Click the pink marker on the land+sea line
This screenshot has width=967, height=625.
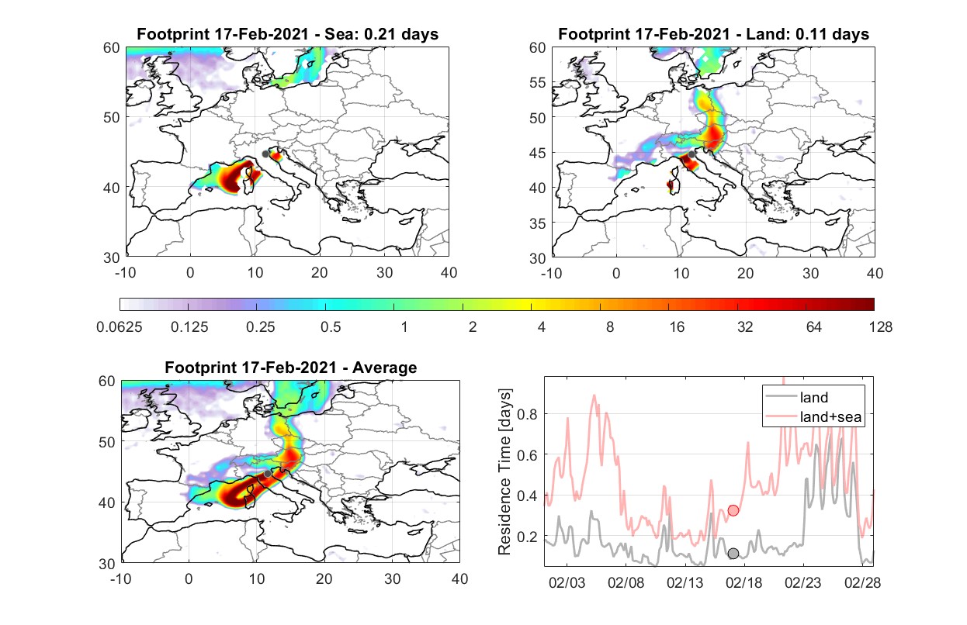pyautogui.click(x=733, y=511)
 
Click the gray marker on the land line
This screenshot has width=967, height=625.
pyautogui.click(x=733, y=554)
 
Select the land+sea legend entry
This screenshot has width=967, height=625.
pyautogui.click(x=813, y=416)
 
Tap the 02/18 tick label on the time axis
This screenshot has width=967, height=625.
pyautogui.click(x=743, y=582)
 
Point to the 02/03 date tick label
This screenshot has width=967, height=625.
pyautogui.click(x=567, y=582)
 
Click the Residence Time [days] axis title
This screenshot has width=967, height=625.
pyautogui.click(x=504, y=472)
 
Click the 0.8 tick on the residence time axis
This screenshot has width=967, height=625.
pyautogui.click(x=527, y=414)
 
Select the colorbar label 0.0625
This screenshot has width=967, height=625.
pyautogui.click(x=120, y=327)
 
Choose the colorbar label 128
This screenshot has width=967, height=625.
pyautogui.click(x=881, y=327)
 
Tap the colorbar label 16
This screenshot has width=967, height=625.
pyautogui.click(x=677, y=327)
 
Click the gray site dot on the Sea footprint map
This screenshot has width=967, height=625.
pyautogui.click(x=265, y=154)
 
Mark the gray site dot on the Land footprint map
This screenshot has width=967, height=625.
pyautogui.click(x=691, y=154)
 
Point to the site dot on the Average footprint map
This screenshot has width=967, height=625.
pyautogui.click(x=268, y=474)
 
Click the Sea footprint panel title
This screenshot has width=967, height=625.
pyautogui.click(x=287, y=34)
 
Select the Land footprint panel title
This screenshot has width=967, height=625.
pyautogui.click(x=713, y=34)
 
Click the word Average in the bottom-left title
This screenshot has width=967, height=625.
pyautogui.click(x=385, y=368)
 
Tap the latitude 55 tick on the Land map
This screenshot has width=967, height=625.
pyautogui.click(x=538, y=82)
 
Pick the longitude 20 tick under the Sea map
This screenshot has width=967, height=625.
pyautogui.click(x=320, y=273)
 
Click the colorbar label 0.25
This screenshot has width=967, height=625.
pyautogui.click(x=260, y=327)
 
